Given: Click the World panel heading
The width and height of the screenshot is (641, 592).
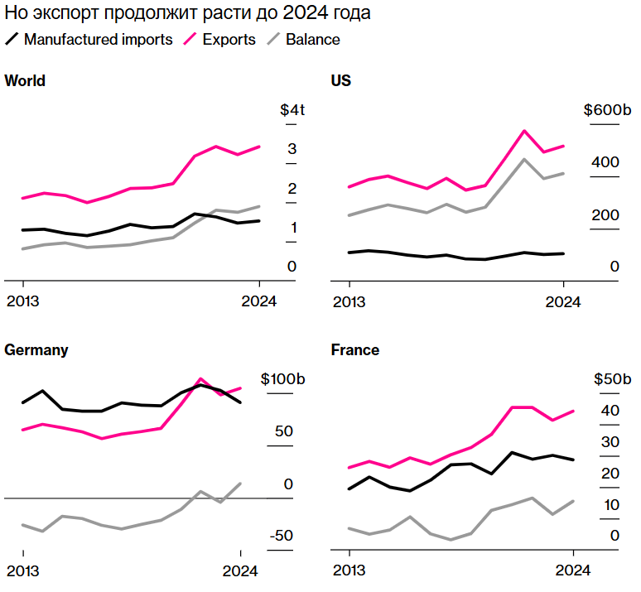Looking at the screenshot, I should tap(25, 81).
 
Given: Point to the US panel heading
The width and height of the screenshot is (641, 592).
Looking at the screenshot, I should tap(340, 81).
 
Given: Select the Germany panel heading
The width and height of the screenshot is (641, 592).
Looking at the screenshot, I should tap(36, 350).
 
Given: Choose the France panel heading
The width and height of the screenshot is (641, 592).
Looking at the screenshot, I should tap(354, 350).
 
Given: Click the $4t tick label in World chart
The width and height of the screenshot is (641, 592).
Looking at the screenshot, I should tap(292, 110).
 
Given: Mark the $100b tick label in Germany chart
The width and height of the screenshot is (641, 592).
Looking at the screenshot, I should tap(283, 379).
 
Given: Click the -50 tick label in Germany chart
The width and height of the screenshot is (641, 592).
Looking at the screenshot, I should tap(282, 536).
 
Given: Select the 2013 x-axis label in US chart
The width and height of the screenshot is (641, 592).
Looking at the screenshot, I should tap(349, 301).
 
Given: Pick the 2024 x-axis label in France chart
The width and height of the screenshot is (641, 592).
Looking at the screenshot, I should tap(572, 570).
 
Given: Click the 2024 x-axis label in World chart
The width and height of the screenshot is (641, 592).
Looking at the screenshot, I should tap(259, 301).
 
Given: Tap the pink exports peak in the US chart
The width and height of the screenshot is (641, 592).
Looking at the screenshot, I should tap(524, 131).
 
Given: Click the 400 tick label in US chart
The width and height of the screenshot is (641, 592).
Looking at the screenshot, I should tap(605, 162).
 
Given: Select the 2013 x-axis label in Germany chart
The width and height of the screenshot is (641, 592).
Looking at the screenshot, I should tap(22, 570).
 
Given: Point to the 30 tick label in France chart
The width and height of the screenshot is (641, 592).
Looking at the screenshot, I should tap(610, 442).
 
